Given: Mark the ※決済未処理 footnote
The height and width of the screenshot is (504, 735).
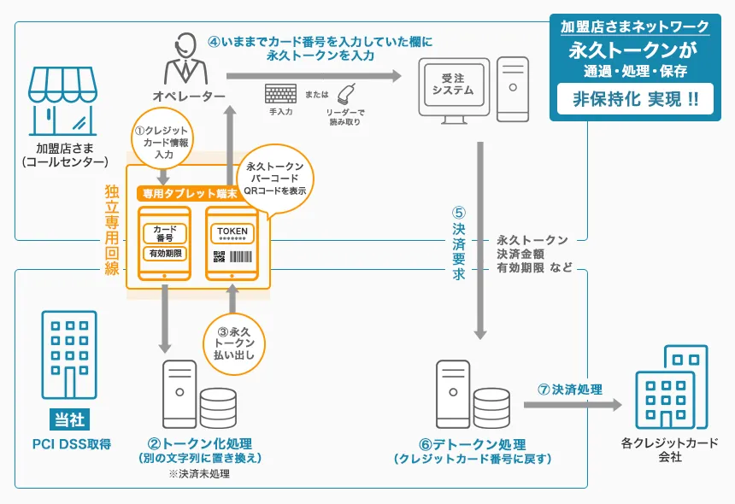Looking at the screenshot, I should [199, 475].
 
